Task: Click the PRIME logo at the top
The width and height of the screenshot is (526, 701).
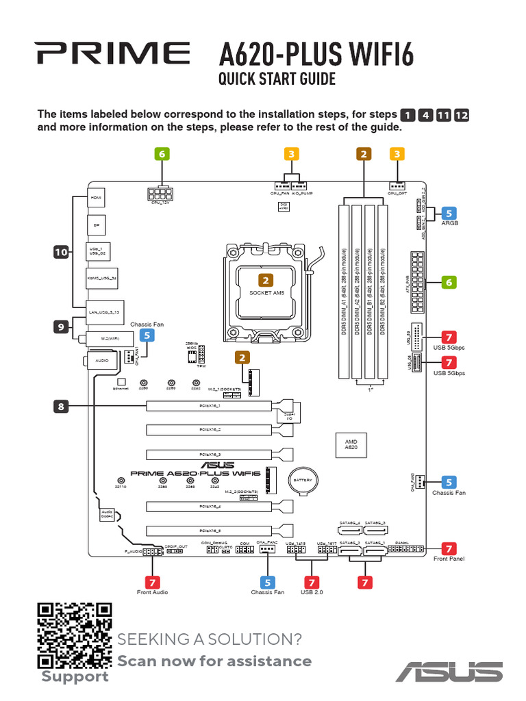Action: [113, 52]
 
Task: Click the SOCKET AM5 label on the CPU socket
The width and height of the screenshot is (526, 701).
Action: [266, 293]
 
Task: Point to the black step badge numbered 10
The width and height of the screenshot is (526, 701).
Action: [62, 253]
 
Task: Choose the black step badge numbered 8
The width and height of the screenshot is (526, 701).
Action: [62, 407]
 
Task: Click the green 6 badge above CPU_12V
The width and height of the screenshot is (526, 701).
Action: [162, 154]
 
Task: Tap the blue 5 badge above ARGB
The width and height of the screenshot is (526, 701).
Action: [449, 213]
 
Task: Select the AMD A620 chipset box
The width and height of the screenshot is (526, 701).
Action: [351, 445]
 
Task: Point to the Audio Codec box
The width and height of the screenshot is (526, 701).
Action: [106, 514]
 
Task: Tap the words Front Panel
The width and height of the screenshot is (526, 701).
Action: [449, 559]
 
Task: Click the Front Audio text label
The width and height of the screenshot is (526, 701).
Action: [152, 592]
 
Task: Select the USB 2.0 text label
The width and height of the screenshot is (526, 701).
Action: [312, 592]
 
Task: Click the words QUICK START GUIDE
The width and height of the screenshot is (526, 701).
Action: [277, 79]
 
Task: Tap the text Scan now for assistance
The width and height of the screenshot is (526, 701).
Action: [214, 661]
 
